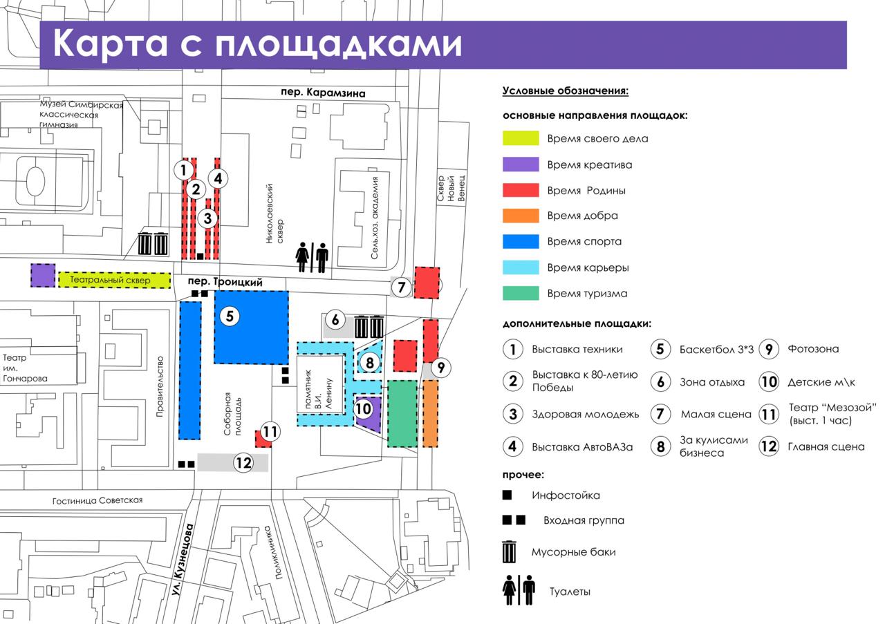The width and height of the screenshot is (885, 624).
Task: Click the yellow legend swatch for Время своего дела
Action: (x=521, y=138)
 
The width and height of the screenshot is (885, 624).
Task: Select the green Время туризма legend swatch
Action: (x=521, y=294)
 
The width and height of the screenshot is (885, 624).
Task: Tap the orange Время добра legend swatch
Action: (x=521, y=216)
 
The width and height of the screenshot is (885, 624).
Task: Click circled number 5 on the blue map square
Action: (x=230, y=316)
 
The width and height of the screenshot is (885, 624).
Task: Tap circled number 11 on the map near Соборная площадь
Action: (x=270, y=431)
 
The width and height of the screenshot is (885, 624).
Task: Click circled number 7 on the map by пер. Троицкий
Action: (x=402, y=287)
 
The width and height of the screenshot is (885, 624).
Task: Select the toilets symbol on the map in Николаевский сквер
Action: (x=312, y=258)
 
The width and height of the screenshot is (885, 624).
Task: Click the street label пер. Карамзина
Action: (x=323, y=93)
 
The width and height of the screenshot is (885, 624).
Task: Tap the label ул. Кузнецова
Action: (x=183, y=560)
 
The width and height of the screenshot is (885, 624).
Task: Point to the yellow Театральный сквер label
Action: (x=110, y=280)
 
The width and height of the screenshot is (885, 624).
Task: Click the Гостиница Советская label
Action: (x=97, y=500)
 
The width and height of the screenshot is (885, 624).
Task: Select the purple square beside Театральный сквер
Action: (x=43, y=275)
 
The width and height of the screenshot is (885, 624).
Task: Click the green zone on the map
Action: (x=402, y=413)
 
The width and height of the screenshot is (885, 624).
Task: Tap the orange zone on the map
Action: (x=430, y=413)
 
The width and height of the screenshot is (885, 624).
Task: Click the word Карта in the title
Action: (x=110, y=43)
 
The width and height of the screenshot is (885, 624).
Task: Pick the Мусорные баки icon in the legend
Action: (x=510, y=552)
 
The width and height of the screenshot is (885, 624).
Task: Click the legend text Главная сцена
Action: (x=826, y=446)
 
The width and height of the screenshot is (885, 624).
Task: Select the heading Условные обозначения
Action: (x=566, y=91)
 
